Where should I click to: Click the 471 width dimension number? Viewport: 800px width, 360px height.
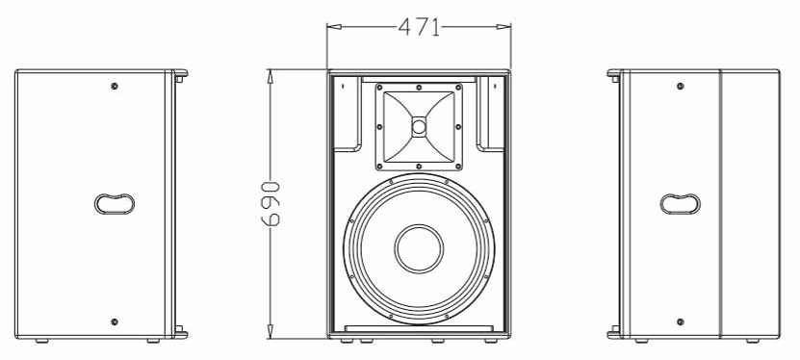tap(419, 27)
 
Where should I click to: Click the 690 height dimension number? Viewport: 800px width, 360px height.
tap(271, 203)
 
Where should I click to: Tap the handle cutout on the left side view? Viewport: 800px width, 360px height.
tap(115, 203)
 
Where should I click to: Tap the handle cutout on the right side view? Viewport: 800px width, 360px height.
tap(680, 203)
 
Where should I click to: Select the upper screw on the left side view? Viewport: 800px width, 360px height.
tap(115, 87)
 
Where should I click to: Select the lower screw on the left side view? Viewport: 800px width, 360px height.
tap(115, 321)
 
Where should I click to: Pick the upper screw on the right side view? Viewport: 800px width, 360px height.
tap(680, 87)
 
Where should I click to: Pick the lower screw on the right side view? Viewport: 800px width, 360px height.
tap(680, 321)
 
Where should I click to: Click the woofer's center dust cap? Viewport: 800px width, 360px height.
tap(419, 249)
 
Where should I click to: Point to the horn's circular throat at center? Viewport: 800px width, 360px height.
tap(419, 127)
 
